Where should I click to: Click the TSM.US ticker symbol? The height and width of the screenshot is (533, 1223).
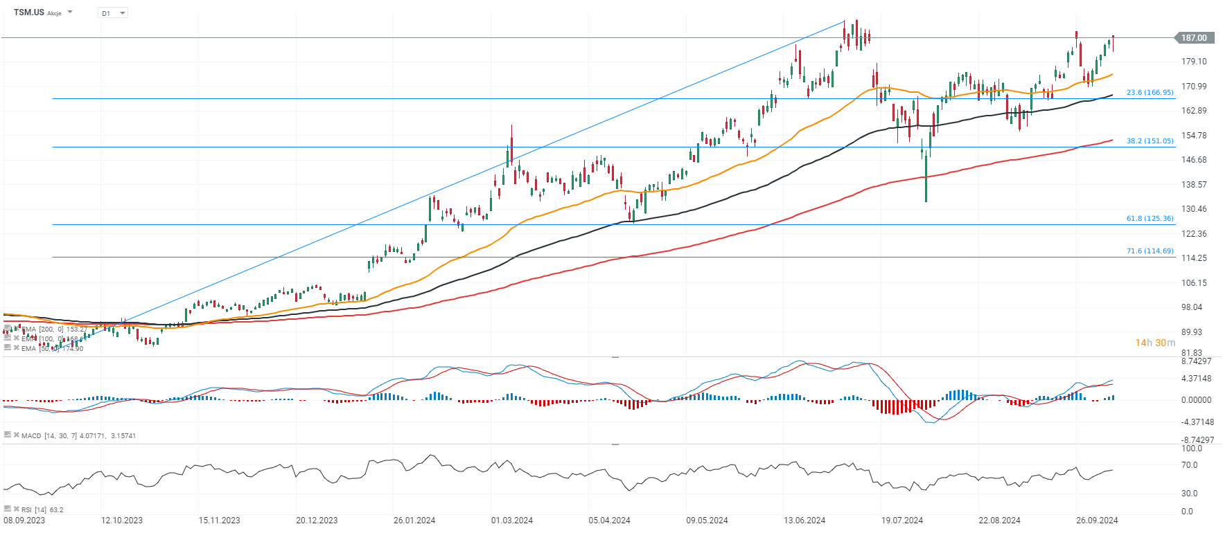(29, 12)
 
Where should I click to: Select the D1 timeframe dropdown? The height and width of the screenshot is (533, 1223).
(113, 13)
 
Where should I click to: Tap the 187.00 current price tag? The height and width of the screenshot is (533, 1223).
(1194, 38)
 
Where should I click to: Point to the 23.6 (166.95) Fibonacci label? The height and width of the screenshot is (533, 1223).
(1150, 92)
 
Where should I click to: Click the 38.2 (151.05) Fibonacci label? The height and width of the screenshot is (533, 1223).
(1150, 141)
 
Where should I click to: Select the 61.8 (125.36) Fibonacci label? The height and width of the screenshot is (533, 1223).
(1150, 218)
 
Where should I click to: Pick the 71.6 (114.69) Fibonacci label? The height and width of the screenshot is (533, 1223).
(1150, 251)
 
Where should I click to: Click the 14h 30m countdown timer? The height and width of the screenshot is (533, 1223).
(1155, 343)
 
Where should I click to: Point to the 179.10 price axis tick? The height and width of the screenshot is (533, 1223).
(1194, 62)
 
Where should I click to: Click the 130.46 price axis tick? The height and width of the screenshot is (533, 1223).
(1194, 209)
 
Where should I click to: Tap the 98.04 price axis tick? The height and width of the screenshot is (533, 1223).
(1192, 307)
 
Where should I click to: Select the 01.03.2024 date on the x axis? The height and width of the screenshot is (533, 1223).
(512, 521)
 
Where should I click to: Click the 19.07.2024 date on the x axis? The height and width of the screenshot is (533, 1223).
(902, 521)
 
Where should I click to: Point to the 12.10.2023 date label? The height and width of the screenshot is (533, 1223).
(122, 521)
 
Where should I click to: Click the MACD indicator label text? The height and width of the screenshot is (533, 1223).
(31, 436)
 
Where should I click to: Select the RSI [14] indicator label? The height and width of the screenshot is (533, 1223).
(32, 510)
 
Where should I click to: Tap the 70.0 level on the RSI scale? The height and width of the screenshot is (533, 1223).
(1189, 465)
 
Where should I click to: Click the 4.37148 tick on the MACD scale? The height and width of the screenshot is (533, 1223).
(1196, 379)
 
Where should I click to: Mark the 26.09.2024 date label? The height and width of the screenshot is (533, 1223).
(1097, 521)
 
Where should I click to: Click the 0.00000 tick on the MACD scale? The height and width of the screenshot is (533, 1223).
(1196, 400)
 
